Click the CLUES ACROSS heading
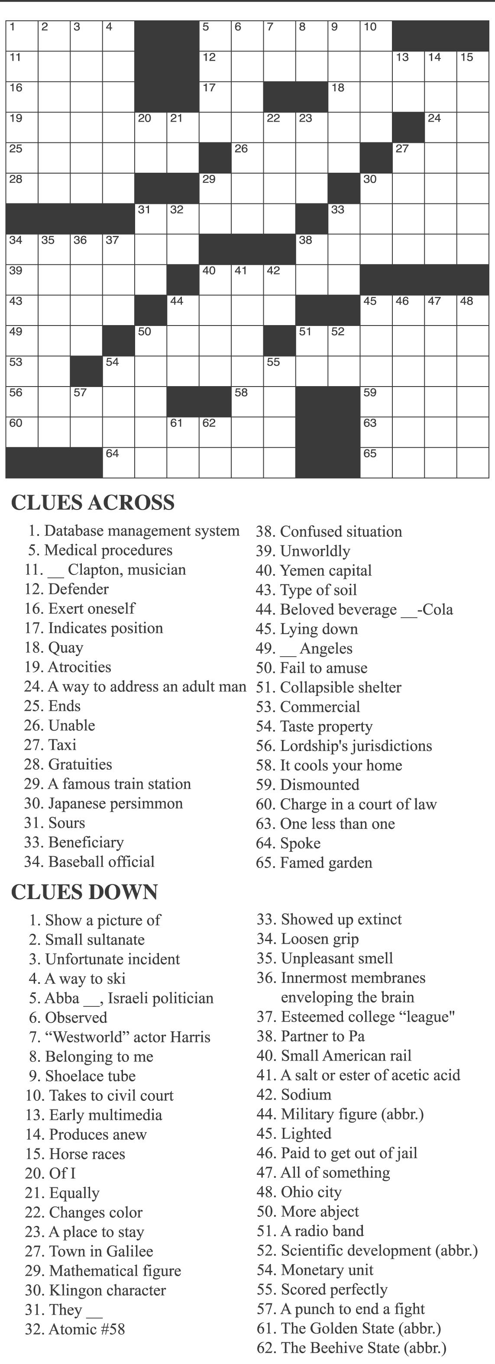click(x=93, y=503)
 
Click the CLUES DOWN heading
click(x=84, y=892)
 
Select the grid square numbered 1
click(x=22, y=36)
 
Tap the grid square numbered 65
click(x=376, y=463)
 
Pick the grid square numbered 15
click(x=472, y=66)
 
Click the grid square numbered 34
click(x=22, y=249)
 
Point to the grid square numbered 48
click(x=472, y=310)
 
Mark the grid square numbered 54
click(x=118, y=371)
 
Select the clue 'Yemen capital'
click(x=325, y=570)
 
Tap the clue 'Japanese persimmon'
click(x=115, y=803)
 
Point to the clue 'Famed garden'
click(x=325, y=863)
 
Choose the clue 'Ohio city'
click(x=311, y=1191)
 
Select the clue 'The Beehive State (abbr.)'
click(x=363, y=1347)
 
